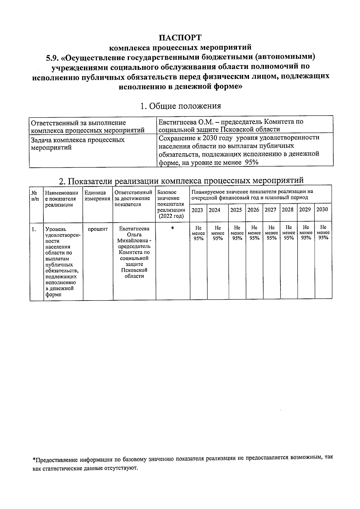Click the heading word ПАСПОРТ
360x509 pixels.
(180, 38)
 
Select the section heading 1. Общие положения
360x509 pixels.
(181, 106)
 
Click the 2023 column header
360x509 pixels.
(197, 210)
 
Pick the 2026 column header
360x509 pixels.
(253, 210)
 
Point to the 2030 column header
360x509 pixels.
(322, 209)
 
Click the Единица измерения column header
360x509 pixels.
(97, 196)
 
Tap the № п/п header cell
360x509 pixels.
(35, 196)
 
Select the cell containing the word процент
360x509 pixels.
(97, 229)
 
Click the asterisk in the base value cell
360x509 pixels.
(172, 229)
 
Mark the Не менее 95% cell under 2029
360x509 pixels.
(306, 232)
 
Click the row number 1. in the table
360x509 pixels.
(34, 229)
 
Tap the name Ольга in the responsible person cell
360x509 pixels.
(134, 235)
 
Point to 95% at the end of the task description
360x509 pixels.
(252, 163)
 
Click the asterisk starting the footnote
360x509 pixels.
(34, 460)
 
